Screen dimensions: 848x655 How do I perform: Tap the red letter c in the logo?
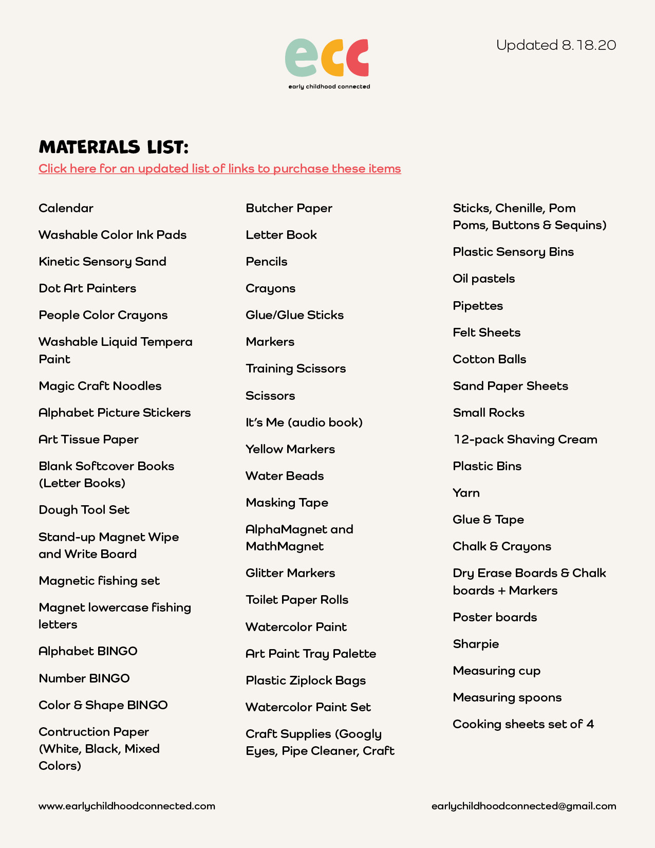click(358, 58)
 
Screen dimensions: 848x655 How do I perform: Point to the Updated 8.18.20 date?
click(556, 45)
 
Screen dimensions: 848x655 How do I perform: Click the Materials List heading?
click(114, 148)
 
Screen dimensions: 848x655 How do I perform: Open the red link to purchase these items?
click(219, 169)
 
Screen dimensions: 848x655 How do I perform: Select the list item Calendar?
click(66, 208)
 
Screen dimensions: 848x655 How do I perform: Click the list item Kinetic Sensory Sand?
click(102, 262)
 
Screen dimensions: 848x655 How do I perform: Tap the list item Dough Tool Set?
click(84, 510)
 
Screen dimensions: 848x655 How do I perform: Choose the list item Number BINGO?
click(84, 678)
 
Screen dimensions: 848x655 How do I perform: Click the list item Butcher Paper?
click(289, 208)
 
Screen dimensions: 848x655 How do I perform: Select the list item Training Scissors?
click(295, 368)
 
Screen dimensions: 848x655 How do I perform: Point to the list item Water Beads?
click(285, 476)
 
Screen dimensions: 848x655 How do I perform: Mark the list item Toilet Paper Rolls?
click(297, 600)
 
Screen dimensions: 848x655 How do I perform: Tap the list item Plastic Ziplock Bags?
click(306, 680)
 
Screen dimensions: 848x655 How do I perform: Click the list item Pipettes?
click(478, 306)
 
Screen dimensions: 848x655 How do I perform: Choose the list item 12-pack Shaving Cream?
click(525, 439)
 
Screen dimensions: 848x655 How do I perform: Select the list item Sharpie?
click(476, 644)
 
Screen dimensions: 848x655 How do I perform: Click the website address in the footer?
click(127, 806)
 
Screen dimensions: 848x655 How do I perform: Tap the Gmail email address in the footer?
click(523, 806)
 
